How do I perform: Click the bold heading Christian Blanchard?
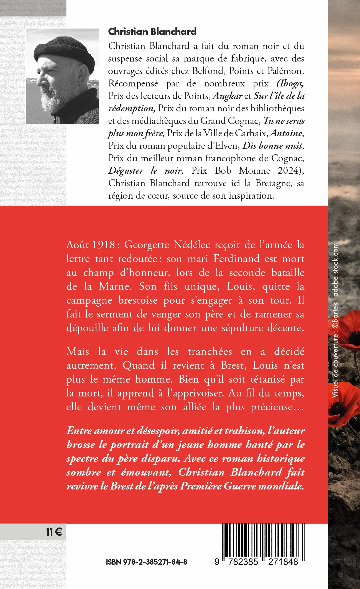click(x=152, y=32)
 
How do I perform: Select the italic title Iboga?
click(x=290, y=83)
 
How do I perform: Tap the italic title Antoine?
click(x=286, y=133)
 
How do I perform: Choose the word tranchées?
click(x=210, y=351)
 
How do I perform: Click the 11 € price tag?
click(x=54, y=532)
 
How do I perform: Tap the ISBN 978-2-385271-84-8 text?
click(x=146, y=562)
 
